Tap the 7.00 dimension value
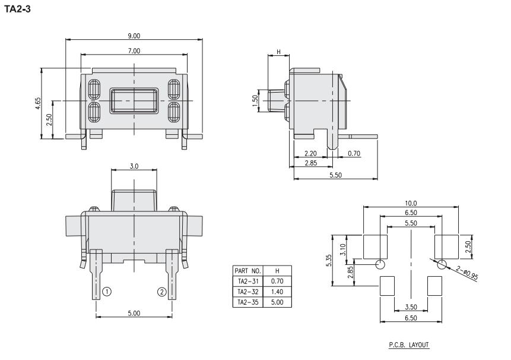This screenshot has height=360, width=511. (x=134, y=52)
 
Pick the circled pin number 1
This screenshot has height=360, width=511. (x=106, y=292)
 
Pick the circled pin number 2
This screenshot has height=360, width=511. (x=161, y=292)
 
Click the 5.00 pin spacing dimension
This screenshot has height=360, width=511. (x=134, y=313)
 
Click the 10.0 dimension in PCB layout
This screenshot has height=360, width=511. (x=411, y=203)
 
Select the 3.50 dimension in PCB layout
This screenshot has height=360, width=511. (x=411, y=308)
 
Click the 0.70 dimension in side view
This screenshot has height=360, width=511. (x=354, y=153)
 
